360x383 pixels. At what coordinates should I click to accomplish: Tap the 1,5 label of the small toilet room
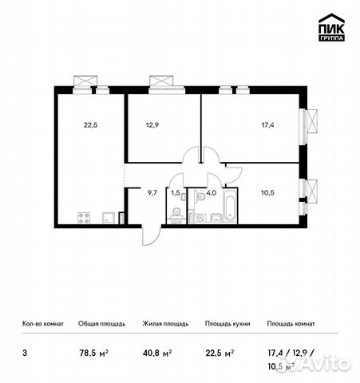coord(175,191)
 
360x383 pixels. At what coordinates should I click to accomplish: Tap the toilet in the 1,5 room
coord(175,212)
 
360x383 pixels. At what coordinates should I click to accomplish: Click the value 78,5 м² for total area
coord(94,348)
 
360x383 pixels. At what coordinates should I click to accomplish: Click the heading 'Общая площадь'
coord(100,324)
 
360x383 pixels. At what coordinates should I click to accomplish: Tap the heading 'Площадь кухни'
coord(228,324)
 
